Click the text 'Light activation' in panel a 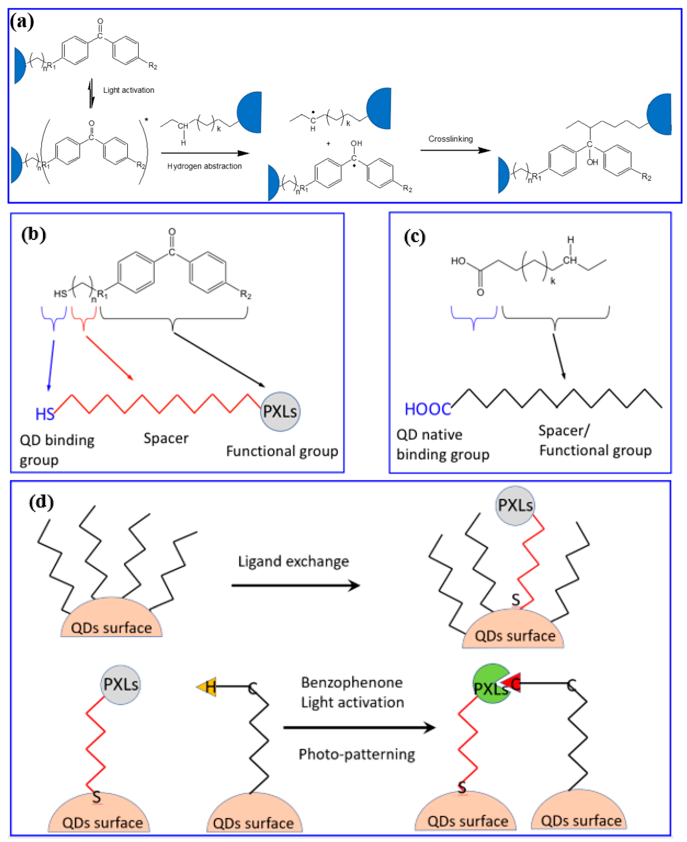pos(129,90)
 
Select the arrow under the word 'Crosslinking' pos(455,150)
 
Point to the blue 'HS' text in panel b pos(45,414)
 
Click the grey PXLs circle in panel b pos(280,412)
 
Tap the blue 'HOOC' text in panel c pos(427,409)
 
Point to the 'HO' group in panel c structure pos(458,261)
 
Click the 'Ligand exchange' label pos(293,561)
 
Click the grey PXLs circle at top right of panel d pos(515,505)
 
